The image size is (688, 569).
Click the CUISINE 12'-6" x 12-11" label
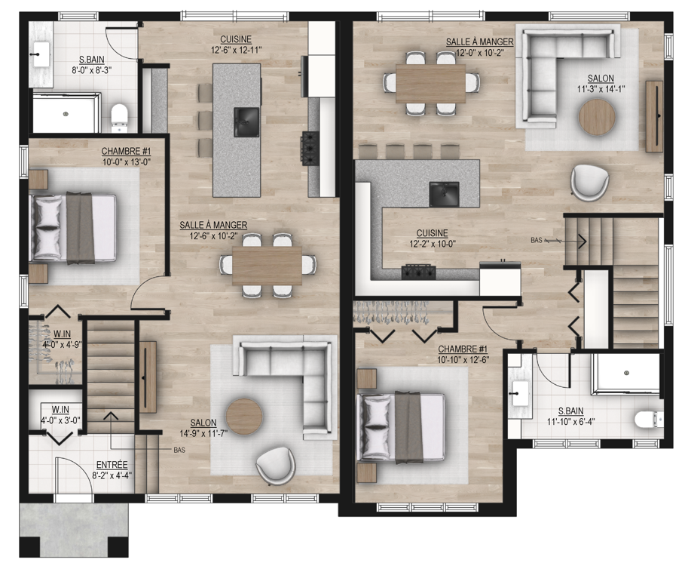(236, 45)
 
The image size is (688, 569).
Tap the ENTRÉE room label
(112, 464)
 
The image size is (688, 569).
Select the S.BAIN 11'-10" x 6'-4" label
(571, 416)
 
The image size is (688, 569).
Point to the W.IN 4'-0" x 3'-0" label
(60, 415)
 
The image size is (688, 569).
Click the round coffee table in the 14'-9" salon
(244, 417)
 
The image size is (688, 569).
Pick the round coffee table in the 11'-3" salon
(597, 117)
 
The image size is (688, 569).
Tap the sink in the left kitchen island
(246, 121)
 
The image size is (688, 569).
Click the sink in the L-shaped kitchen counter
(444, 194)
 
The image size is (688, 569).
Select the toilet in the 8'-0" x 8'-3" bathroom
(119, 117)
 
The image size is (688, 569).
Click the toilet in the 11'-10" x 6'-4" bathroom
(649, 419)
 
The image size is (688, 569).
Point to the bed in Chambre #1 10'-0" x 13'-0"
(73, 228)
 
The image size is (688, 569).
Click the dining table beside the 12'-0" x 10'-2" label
(430, 84)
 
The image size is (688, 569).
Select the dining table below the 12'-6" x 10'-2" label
(268, 266)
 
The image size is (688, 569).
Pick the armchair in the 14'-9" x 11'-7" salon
(276, 466)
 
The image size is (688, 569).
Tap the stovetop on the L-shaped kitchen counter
(419, 272)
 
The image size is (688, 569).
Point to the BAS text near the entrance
(179, 450)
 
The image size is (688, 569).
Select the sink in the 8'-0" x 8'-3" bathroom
(41, 54)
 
